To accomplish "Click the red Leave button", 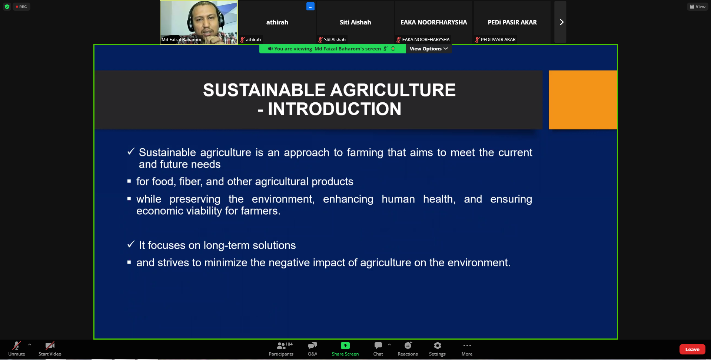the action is [x=692, y=349].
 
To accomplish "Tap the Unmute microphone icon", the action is [x=17, y=346].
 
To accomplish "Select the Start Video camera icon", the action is [x=50, y=346].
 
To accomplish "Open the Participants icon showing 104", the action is [x=282, y=346].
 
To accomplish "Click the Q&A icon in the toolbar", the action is [x=312, y=346].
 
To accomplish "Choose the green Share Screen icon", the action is [x=345, y=346].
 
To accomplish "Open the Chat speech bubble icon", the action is [x=378, y=346].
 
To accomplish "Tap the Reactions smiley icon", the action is [x=408, y=346].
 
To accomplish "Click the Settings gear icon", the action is [x=437, y=346].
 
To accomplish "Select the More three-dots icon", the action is [x=467, y=346].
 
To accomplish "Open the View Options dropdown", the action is [x=429, y=49].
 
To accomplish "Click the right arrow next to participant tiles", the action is [x=561, y=22].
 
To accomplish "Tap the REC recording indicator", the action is [x=21, y=7].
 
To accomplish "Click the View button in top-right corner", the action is [x=697, y=7].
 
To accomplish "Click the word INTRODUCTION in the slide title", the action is [x=335, y=109].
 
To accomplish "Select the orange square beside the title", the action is [x=583, y=100].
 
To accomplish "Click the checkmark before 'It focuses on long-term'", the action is [x=131, y=244].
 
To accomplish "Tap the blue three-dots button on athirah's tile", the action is [x=310, y=6].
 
